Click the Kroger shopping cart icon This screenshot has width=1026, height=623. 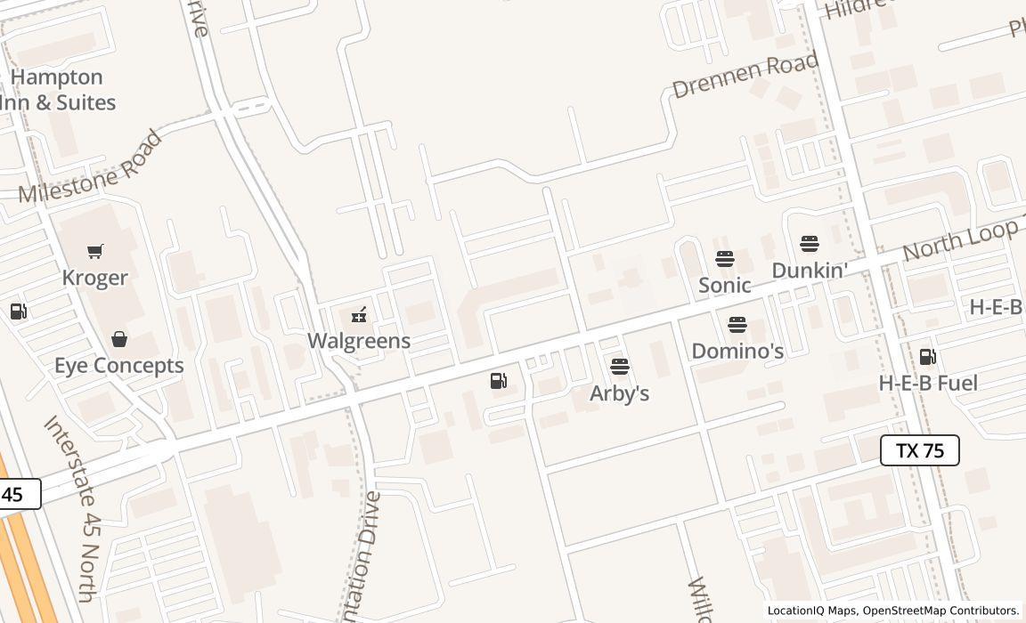(x=95, y=252)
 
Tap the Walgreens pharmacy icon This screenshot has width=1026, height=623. (x=359, y=314)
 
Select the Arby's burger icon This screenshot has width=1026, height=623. (x=620, y=367)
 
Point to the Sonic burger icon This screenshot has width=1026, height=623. (x=725, y=259)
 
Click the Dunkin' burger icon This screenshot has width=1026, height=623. (x=810, y=243)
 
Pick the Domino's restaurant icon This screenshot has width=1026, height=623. (x=737, y=325)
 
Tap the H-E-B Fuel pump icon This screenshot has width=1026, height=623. (x=928, y=357)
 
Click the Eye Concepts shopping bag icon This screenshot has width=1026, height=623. (x=119, y=339)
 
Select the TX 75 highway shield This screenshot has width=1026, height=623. (x=919, y=450)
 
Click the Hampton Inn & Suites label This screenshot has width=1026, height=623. (x=59, y=90)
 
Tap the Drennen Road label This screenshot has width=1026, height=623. (x=745, y=76)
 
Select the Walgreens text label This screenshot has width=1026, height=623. (x=359, y=341)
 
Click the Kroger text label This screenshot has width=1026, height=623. (x=95, y=278)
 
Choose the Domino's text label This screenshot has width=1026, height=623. (x=737, y=352)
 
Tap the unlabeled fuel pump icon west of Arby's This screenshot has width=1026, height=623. (x=499, y=381)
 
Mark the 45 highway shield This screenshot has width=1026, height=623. (x=15, y=494)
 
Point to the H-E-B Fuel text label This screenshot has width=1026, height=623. (x=928, y=384)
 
